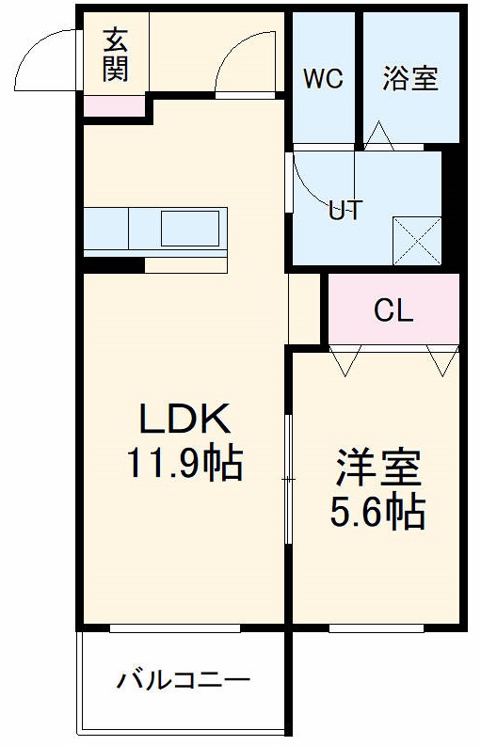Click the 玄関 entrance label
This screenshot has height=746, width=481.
click(x=116, y=55)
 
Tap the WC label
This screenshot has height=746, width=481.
click(x=322, y=79)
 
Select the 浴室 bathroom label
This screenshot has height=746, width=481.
click(x=410, y=79)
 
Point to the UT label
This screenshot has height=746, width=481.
click(x=345, y=211)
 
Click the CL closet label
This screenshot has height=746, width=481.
click(x=393, y=311)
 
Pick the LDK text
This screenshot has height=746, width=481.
click(x=184, y=418)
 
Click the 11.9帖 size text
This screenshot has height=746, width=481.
click(x=184, y=463)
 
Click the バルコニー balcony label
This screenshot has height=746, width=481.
click(x=184, y=679)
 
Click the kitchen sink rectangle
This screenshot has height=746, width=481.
click(x=191, y=228)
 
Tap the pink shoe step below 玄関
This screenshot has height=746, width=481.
click(x=115, y=105)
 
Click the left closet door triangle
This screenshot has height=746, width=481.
click(x=345, y=358)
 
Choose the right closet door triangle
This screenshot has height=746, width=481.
click(x=441, y=358)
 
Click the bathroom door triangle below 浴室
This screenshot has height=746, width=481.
click(x=380, y=135)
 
